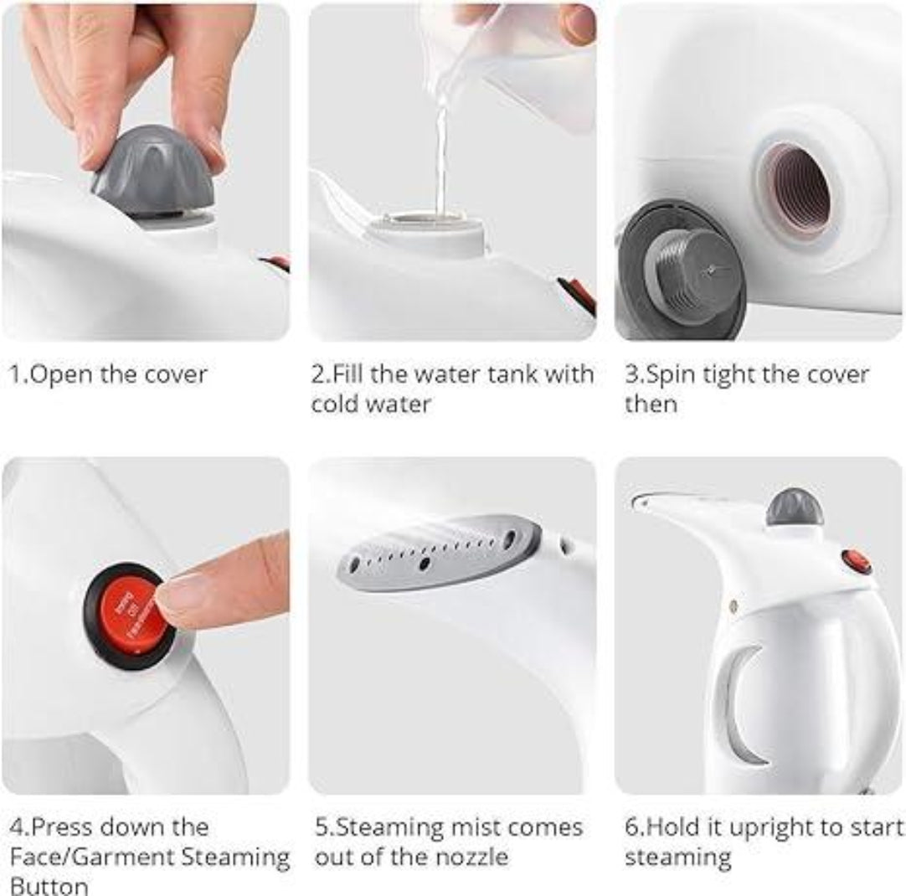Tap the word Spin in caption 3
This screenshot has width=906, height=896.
point(665,373)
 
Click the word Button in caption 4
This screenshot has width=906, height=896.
point(49,886)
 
